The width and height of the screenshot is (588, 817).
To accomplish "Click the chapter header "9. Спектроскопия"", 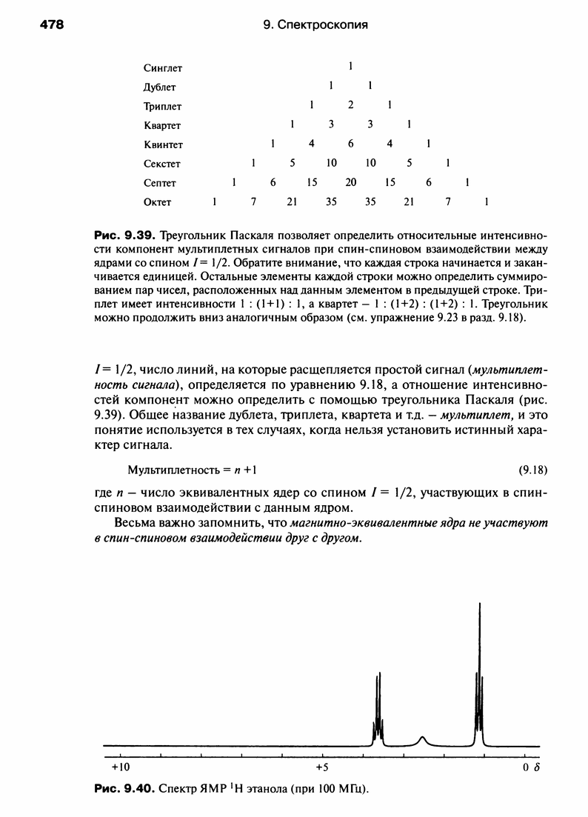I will [x=316, y=25].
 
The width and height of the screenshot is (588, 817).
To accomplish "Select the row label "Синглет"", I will [x=162, y=68].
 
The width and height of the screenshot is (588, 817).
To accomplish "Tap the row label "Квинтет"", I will [x=163, y=144].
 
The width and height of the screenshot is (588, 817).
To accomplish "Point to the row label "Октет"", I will [x=158, y=201].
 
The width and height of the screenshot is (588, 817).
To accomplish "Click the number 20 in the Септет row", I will [x=351, y=182].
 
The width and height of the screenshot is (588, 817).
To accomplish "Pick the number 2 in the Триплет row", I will [x=351, y=106].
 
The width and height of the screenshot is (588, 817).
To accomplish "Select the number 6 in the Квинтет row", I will [x=351, y=144].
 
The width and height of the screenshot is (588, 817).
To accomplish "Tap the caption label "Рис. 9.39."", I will [x=123, y=236].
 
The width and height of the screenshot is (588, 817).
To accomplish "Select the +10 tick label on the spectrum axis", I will [x=120, y=766].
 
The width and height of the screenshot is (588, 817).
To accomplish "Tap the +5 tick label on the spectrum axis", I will [x=321, y=766].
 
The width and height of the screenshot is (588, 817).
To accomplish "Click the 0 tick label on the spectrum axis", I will [x=525, y=766].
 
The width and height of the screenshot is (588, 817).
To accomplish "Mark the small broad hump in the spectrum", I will [x=422, y=738].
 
